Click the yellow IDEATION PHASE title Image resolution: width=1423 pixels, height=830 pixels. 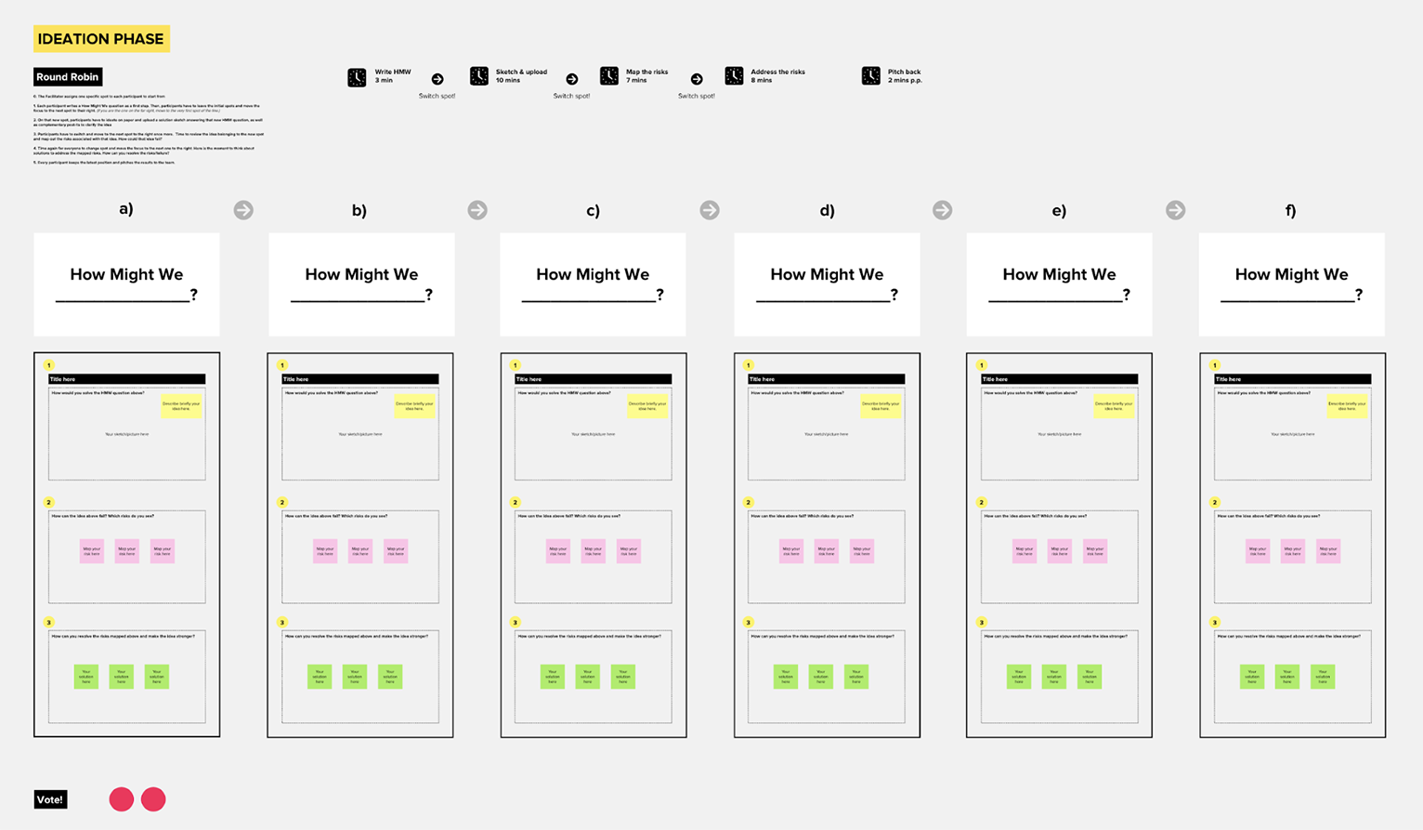click(x=101, y=39)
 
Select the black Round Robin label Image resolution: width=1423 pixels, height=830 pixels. click(x=68, y=77)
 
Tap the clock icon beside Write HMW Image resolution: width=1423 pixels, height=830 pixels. click(x=357, y=77)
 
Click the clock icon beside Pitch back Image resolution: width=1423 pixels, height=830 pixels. click(x=870, y=76)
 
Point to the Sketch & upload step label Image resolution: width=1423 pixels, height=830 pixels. click(x=521, y=75)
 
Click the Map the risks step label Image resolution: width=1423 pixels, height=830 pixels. click(x=646, y=75)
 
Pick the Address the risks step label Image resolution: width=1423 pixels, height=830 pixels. click(x=777, y=75)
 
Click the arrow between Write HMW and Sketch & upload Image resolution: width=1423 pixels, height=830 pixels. click(x=437, y=79)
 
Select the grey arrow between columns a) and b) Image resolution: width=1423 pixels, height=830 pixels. click(x=243, y=210)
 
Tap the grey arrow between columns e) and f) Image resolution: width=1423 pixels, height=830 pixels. click(x=1175, y=210)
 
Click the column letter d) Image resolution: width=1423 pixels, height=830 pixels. click(x=827, y=210)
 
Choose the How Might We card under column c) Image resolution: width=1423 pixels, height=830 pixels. click(x=593, y=284)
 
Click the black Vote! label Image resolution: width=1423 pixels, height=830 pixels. click(x=50, y=799)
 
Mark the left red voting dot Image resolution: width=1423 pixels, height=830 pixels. click(x=122, y=799)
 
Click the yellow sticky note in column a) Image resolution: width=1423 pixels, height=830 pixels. click(x=181, y=405)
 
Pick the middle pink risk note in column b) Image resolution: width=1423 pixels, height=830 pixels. click(x=360, y=551)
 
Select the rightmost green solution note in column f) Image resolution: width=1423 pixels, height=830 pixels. click(x=1323, y=676)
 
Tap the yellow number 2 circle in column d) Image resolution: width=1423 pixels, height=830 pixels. click(x=748, y=502)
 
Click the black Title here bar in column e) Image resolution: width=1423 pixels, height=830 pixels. click(x=1059, y=379)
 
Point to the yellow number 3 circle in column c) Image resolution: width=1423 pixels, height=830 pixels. click(x=516, y=623)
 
